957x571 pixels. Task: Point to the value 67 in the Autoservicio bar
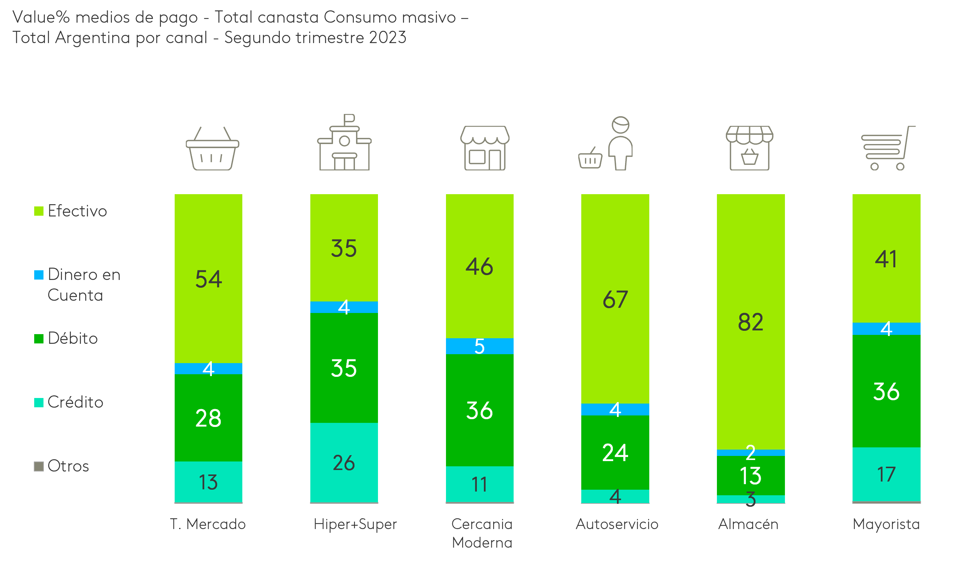pos(615,299)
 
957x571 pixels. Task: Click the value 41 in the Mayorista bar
pos(886,259)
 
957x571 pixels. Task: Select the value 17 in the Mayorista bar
pos(886,474)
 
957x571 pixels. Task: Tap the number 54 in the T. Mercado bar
pos(208,279)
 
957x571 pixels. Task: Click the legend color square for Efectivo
pos(39,211)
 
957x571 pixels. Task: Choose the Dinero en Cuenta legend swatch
pos(39,275)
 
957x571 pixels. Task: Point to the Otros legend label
pos(68,466)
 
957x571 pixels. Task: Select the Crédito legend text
pos(75,402)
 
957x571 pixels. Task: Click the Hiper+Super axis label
pos(355,524)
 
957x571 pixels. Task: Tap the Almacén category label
pos(748,524)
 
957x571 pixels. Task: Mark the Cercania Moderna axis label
pos(482,533)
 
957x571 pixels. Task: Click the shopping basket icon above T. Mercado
pos(212,149)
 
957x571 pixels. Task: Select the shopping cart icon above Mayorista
pos(887,148)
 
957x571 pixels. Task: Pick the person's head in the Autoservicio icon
pos(620,125)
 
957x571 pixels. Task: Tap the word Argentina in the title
pos(93,38)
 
